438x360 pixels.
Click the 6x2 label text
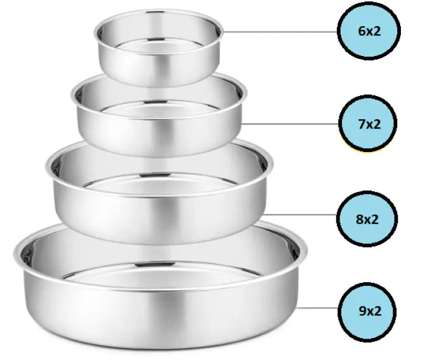pos(369,31)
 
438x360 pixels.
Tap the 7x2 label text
pos(369,124)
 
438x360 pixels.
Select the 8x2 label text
pos(367,220)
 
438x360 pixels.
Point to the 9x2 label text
pos(370,311)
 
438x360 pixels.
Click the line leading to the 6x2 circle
pos(280,32)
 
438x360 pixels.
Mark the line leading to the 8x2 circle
pos(300,215)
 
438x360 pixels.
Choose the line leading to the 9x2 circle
pos(318,308)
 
